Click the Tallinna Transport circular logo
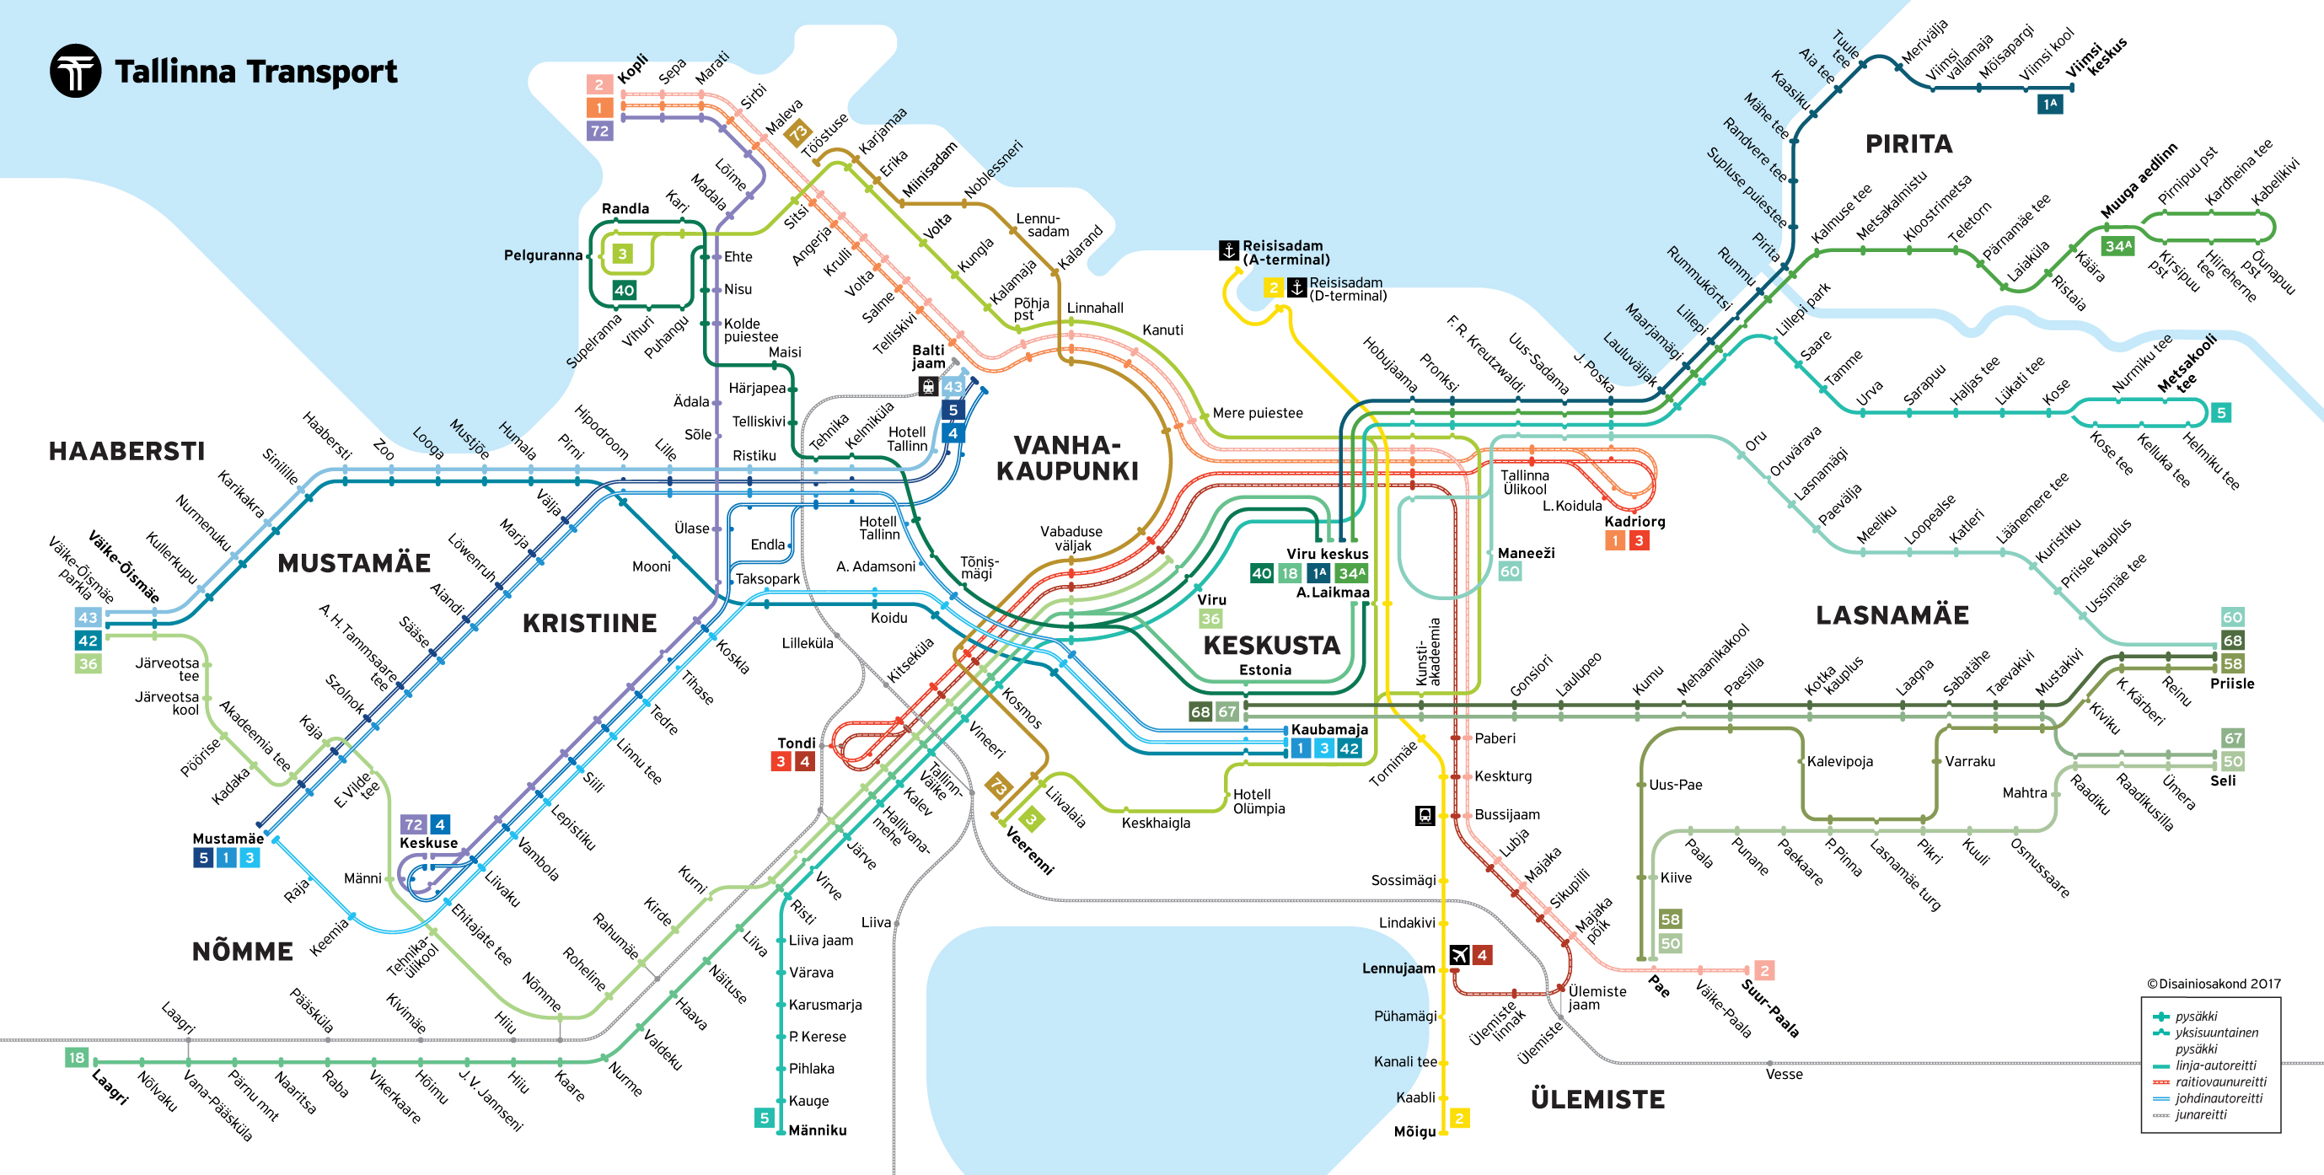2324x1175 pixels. click(75, 71)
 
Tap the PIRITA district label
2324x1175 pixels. click(1908, 144)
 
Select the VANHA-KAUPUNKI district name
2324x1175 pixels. click(1067, 458)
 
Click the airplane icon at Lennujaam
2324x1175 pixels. click(1459, 955)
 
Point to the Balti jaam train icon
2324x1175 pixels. click(928, 386)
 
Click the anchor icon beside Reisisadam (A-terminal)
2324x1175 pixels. click(1229, 250)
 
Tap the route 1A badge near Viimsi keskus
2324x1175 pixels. click(2050, 105)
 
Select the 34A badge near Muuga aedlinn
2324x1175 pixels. click(2117, 245)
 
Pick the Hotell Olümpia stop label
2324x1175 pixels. click(1259, 802)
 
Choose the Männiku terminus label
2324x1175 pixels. click(818, 1129)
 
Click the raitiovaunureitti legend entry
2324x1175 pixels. click(2220, 1081)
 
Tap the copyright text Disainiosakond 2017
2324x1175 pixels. click(2213, 984)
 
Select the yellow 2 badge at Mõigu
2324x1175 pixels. click(1459, 1119)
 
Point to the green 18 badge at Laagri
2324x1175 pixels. click(77, 1058)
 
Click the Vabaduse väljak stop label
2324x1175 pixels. click(1071, 538)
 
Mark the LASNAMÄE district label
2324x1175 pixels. click(1892, 615)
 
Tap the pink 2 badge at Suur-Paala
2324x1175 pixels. click(1763, 970)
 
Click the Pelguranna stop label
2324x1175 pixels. click(543, 255)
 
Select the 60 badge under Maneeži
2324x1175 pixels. click(1510, 571)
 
